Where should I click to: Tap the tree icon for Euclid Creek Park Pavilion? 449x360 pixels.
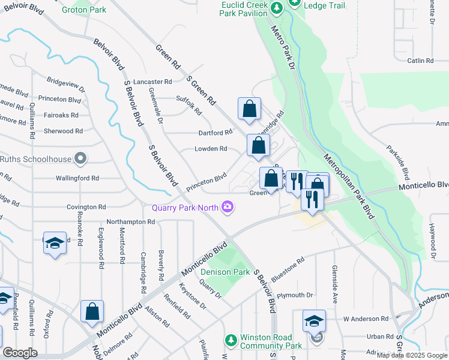276,8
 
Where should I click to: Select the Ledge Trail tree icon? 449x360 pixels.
295,3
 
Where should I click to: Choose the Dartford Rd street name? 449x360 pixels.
215,133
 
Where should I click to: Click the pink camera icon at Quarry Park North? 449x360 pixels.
228,208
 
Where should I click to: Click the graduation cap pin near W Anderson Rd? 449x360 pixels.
315,320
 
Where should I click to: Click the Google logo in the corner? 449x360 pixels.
20,353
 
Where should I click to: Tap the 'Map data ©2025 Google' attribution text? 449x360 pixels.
412,355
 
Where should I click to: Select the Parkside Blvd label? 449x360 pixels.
397,161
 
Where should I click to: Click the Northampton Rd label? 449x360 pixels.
131,221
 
